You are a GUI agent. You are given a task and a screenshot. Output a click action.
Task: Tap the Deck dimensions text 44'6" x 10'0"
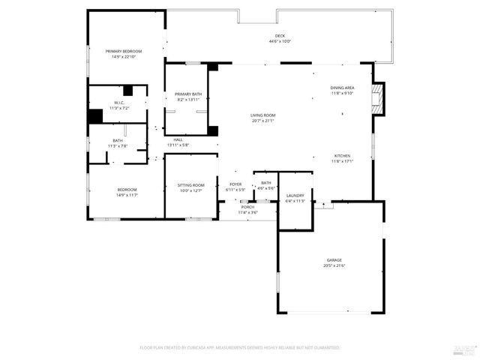[x=280, y=42]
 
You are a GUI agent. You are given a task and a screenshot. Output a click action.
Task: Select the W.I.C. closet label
[x=119, y=103]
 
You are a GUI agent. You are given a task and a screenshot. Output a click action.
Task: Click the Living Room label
[x=262, y=115]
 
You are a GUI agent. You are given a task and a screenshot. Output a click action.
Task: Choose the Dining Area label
[x=342, y=88]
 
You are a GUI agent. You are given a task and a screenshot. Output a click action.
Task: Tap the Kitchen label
[x=342, y=155]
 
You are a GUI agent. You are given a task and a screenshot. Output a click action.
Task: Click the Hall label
[x=178, y=139]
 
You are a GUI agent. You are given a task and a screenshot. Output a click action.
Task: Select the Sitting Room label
[x=191, y=184]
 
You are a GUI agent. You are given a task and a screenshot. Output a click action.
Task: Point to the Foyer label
[x=235, y=184]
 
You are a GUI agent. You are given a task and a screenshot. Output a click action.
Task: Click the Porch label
[x=247, y=207]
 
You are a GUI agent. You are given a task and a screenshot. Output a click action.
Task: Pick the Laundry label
[x=295, y=196]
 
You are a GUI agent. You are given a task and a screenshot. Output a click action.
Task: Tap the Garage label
[x=334, y=260]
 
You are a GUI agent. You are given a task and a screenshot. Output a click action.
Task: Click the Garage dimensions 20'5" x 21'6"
[x=334, y=265]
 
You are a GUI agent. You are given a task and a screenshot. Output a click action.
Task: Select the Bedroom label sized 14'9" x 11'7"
[x=127, y=190]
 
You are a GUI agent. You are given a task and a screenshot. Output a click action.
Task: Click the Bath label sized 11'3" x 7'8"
[x=118, y=140]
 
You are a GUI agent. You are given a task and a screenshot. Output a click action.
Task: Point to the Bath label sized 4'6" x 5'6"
[x=266, y=182]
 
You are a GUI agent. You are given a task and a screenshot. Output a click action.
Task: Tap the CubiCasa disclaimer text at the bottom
[x=240, y=347]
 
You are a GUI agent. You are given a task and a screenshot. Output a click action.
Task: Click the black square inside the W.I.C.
[x=127, y=91]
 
